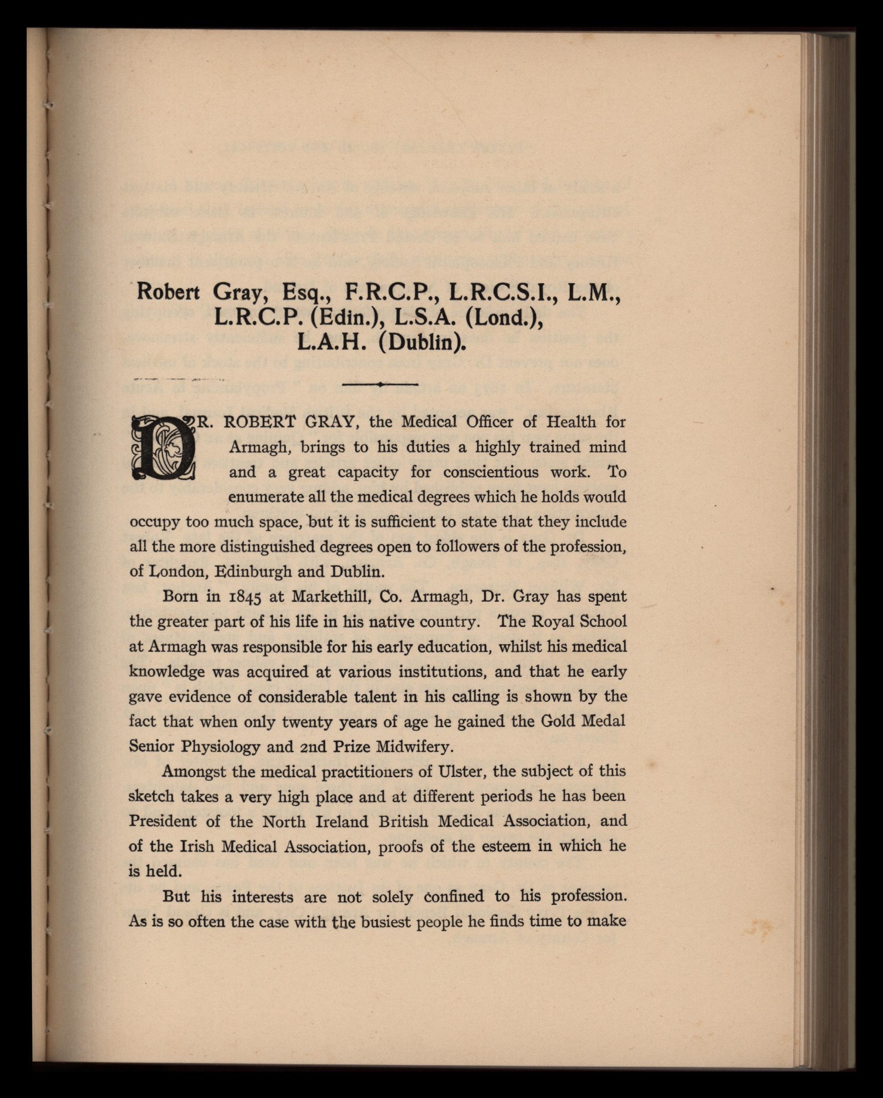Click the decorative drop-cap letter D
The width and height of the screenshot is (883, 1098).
click(x=163, y=447)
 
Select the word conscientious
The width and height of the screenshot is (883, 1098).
click(x=490, y=472)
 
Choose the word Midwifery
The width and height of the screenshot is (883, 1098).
click(x=414, y=747)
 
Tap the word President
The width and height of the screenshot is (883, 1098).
click(x=162, y=822)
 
